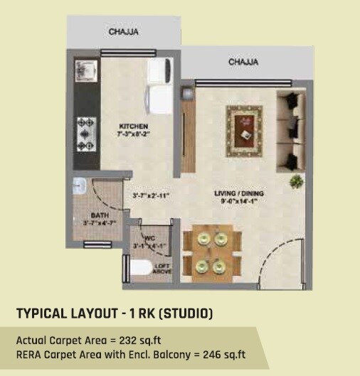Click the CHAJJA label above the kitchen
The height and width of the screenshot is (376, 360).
click(123, 31)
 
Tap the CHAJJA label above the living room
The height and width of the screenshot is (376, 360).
click(243, 63)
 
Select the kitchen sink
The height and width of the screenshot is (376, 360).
click(83, 72)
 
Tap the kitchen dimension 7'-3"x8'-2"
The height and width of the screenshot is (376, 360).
click(134, 133)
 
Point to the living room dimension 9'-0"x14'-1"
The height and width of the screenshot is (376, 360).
click(235, 200)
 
